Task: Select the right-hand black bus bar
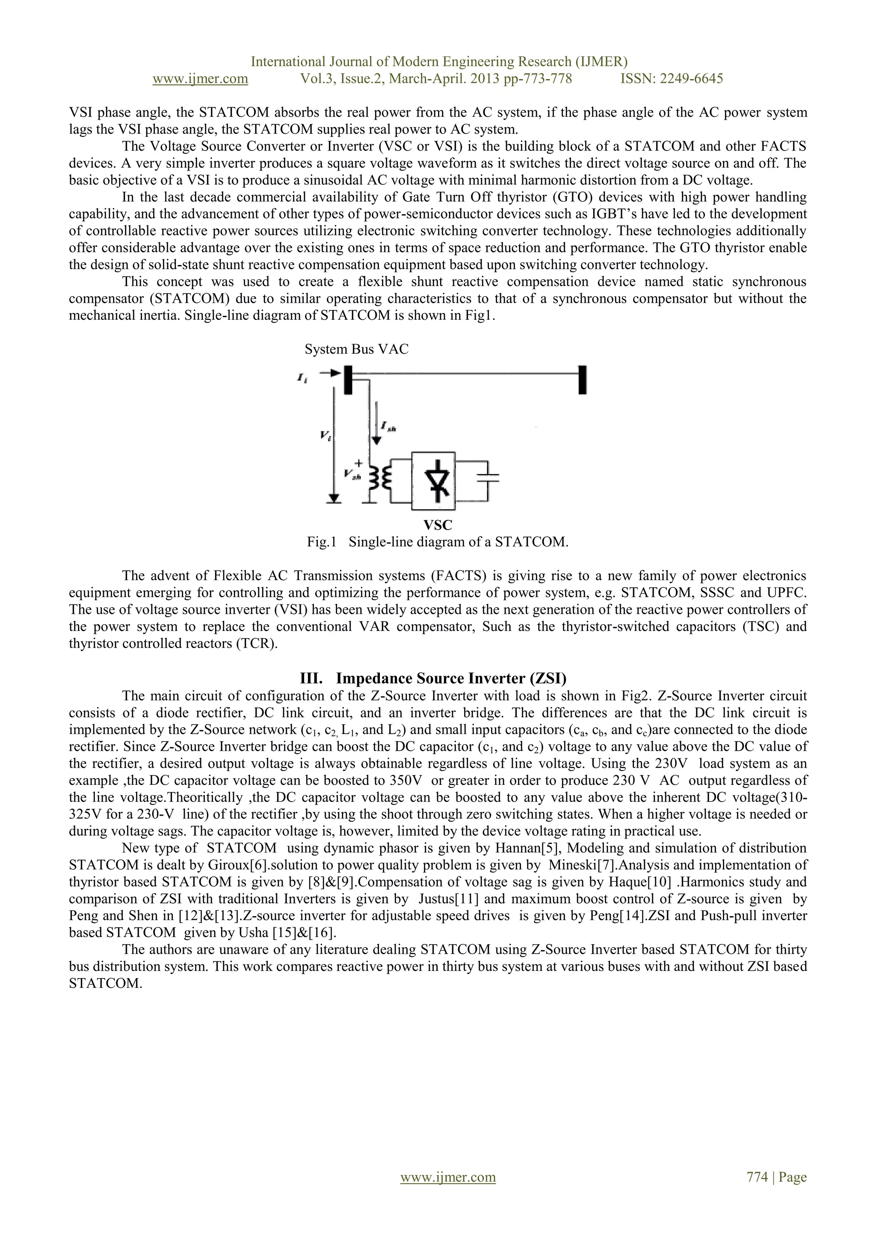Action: (x=582, y=380)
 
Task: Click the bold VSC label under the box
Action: (x=438, y=525)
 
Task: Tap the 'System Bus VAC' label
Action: (x=357, y=349)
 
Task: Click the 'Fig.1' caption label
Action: (x=322, y=542)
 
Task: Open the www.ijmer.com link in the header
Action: (x=200, y=79)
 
